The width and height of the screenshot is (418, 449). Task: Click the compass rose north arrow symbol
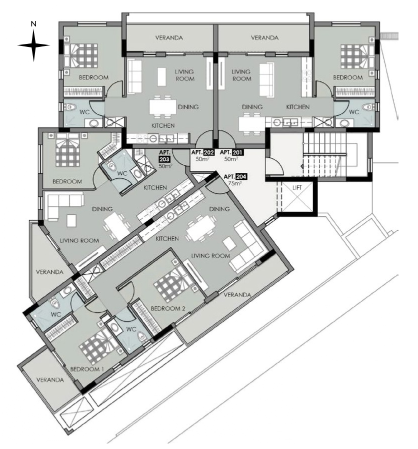(x=33, y=45)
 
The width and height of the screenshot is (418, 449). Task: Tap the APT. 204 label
(x=235, y=177)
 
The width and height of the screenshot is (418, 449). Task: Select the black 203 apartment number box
(x=164, y=159)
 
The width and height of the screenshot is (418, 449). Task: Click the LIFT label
(x=297, y=188)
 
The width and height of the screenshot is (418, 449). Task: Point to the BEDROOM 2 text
(x=168, y=308)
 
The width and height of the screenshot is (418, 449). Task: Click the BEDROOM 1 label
(x=87, y=369)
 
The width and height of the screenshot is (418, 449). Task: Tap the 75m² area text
(x=234, y=184)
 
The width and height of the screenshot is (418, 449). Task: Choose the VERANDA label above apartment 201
(x=264, y=37)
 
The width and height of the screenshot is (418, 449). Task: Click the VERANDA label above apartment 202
(x=169, y=37)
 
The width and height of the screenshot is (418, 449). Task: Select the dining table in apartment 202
(x=162, y=107)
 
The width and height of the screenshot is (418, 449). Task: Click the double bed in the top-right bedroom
(x=357, y=56)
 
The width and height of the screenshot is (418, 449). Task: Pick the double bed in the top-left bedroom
(x=81, y=55)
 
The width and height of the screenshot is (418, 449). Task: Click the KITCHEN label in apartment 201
(x=298, y=107)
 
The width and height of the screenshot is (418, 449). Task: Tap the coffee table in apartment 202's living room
(x=161, y=76)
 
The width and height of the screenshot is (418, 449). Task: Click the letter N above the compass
(x=33, y=24)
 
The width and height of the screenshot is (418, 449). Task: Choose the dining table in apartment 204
(x=200, y=228)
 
